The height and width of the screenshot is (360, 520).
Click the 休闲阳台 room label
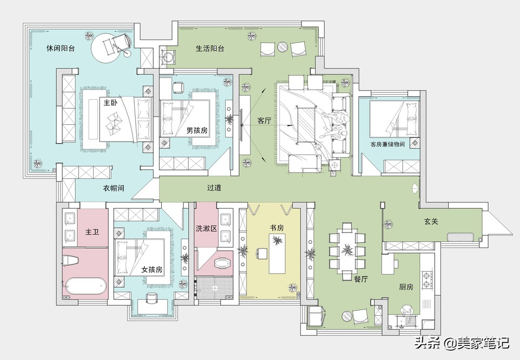coord(61,48)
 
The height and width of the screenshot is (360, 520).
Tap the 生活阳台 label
coord(210,48)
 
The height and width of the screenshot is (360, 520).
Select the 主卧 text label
coord(110,102)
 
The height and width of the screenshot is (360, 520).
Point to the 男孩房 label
coord(197,131)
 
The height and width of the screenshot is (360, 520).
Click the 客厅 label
coord(264,121)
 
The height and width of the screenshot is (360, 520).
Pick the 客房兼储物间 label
coord(388,144)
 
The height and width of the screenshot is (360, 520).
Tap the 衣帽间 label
coord(113,188)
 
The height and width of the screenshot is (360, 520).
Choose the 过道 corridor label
coord(214,187)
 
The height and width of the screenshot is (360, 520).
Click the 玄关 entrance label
coord(431,221)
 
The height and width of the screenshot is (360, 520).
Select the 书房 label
coord(277,228)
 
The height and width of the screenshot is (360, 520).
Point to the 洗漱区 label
coord(206,228)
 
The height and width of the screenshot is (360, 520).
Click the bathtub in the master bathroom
coord(85,286)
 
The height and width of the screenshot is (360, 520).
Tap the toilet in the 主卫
coord(71,260)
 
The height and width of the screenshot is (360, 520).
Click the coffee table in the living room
coord(306,124)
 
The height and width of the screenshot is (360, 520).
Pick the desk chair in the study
coord(261,253)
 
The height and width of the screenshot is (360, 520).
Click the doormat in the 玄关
coord(460,237)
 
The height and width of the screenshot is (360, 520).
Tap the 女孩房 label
coord(152,269)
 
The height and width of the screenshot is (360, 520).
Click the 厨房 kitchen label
coord(406,287)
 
